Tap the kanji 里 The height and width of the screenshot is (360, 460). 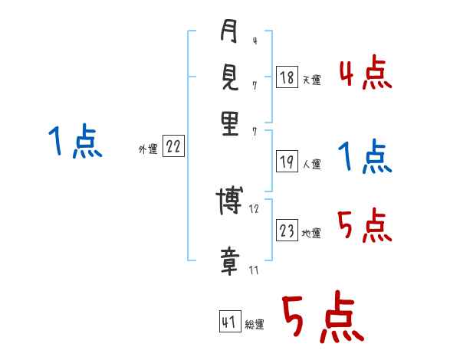point(229,123)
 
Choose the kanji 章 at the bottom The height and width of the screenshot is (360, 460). point(229,263)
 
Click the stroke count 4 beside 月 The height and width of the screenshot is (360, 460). point(254,41)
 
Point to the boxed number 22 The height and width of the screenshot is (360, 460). point(173,147)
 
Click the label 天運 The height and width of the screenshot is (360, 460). point(311,80)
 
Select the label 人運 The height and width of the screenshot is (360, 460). point(311,164)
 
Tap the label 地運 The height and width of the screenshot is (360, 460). point(311,234)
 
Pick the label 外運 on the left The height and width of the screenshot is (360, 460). point(148,150)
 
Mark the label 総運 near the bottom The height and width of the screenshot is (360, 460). point(254,325)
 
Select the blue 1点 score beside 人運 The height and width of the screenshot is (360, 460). point(365,158)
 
